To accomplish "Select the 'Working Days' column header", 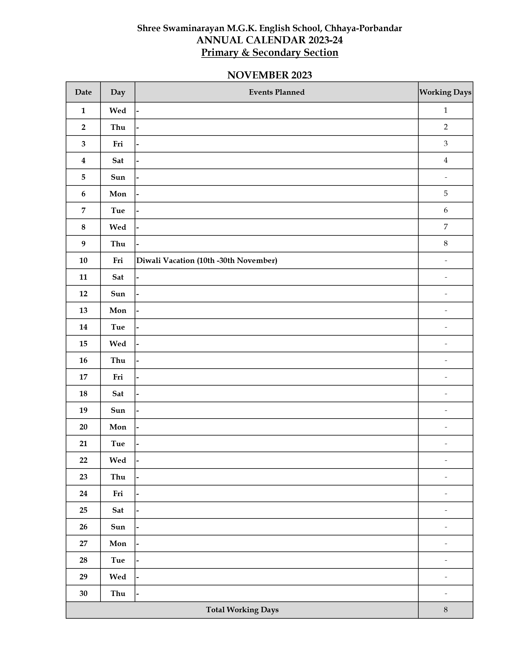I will tap(445, 92).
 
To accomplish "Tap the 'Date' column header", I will tap(83, 92).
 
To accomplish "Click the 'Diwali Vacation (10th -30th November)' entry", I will tap(207, 260).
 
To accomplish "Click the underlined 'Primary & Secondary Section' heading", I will tap(269, 52).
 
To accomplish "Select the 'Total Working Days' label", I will tap(242, 610).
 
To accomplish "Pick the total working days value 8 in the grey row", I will tap(445, 610).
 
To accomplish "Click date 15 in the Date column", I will tap(83, 344).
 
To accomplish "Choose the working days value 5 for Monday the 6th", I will tap(445, 193).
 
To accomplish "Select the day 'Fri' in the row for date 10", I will tap(118, 260).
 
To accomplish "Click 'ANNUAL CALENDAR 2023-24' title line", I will tap(269, 40).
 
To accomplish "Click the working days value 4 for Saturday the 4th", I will tap(445, 160).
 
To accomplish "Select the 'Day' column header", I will tap(118, 92).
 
